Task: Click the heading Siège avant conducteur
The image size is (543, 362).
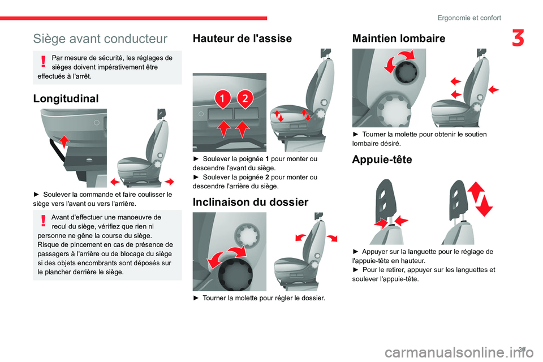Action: coord(100,39)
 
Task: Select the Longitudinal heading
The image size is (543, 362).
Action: coord(66,98)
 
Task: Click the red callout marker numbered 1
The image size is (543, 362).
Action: coord(222,99)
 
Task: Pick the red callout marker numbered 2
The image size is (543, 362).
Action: coord(245,99)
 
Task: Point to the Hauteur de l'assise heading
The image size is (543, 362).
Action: coord(242,38)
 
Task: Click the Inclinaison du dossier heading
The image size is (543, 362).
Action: coord(251,202)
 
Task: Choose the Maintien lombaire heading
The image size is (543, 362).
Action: coord(399,38)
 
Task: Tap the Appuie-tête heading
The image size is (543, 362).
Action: coord(382,160)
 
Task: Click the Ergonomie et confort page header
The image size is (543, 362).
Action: coord(469,18)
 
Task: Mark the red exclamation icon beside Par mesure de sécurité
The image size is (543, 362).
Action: coord(43,61)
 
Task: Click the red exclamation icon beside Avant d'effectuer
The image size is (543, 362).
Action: coord(43,221)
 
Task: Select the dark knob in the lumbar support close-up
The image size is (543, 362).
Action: coord(407,71)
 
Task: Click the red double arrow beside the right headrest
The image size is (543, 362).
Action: coord(480,199)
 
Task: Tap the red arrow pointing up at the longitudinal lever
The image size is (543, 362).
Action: coord(64,141)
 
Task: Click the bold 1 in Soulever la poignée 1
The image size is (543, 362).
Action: coord(266,159)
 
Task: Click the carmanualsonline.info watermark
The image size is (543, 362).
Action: coord(459,352)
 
